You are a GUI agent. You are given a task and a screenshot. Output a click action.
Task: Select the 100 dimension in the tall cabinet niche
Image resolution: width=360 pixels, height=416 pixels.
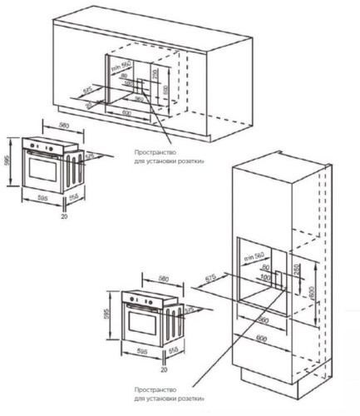tap(265, 275)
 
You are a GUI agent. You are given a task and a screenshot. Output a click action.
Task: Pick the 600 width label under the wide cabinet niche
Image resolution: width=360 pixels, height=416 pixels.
tap(127, 112)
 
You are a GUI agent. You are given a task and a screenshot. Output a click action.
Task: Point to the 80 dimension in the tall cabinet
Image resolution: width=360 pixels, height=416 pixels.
tap(265, 267)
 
